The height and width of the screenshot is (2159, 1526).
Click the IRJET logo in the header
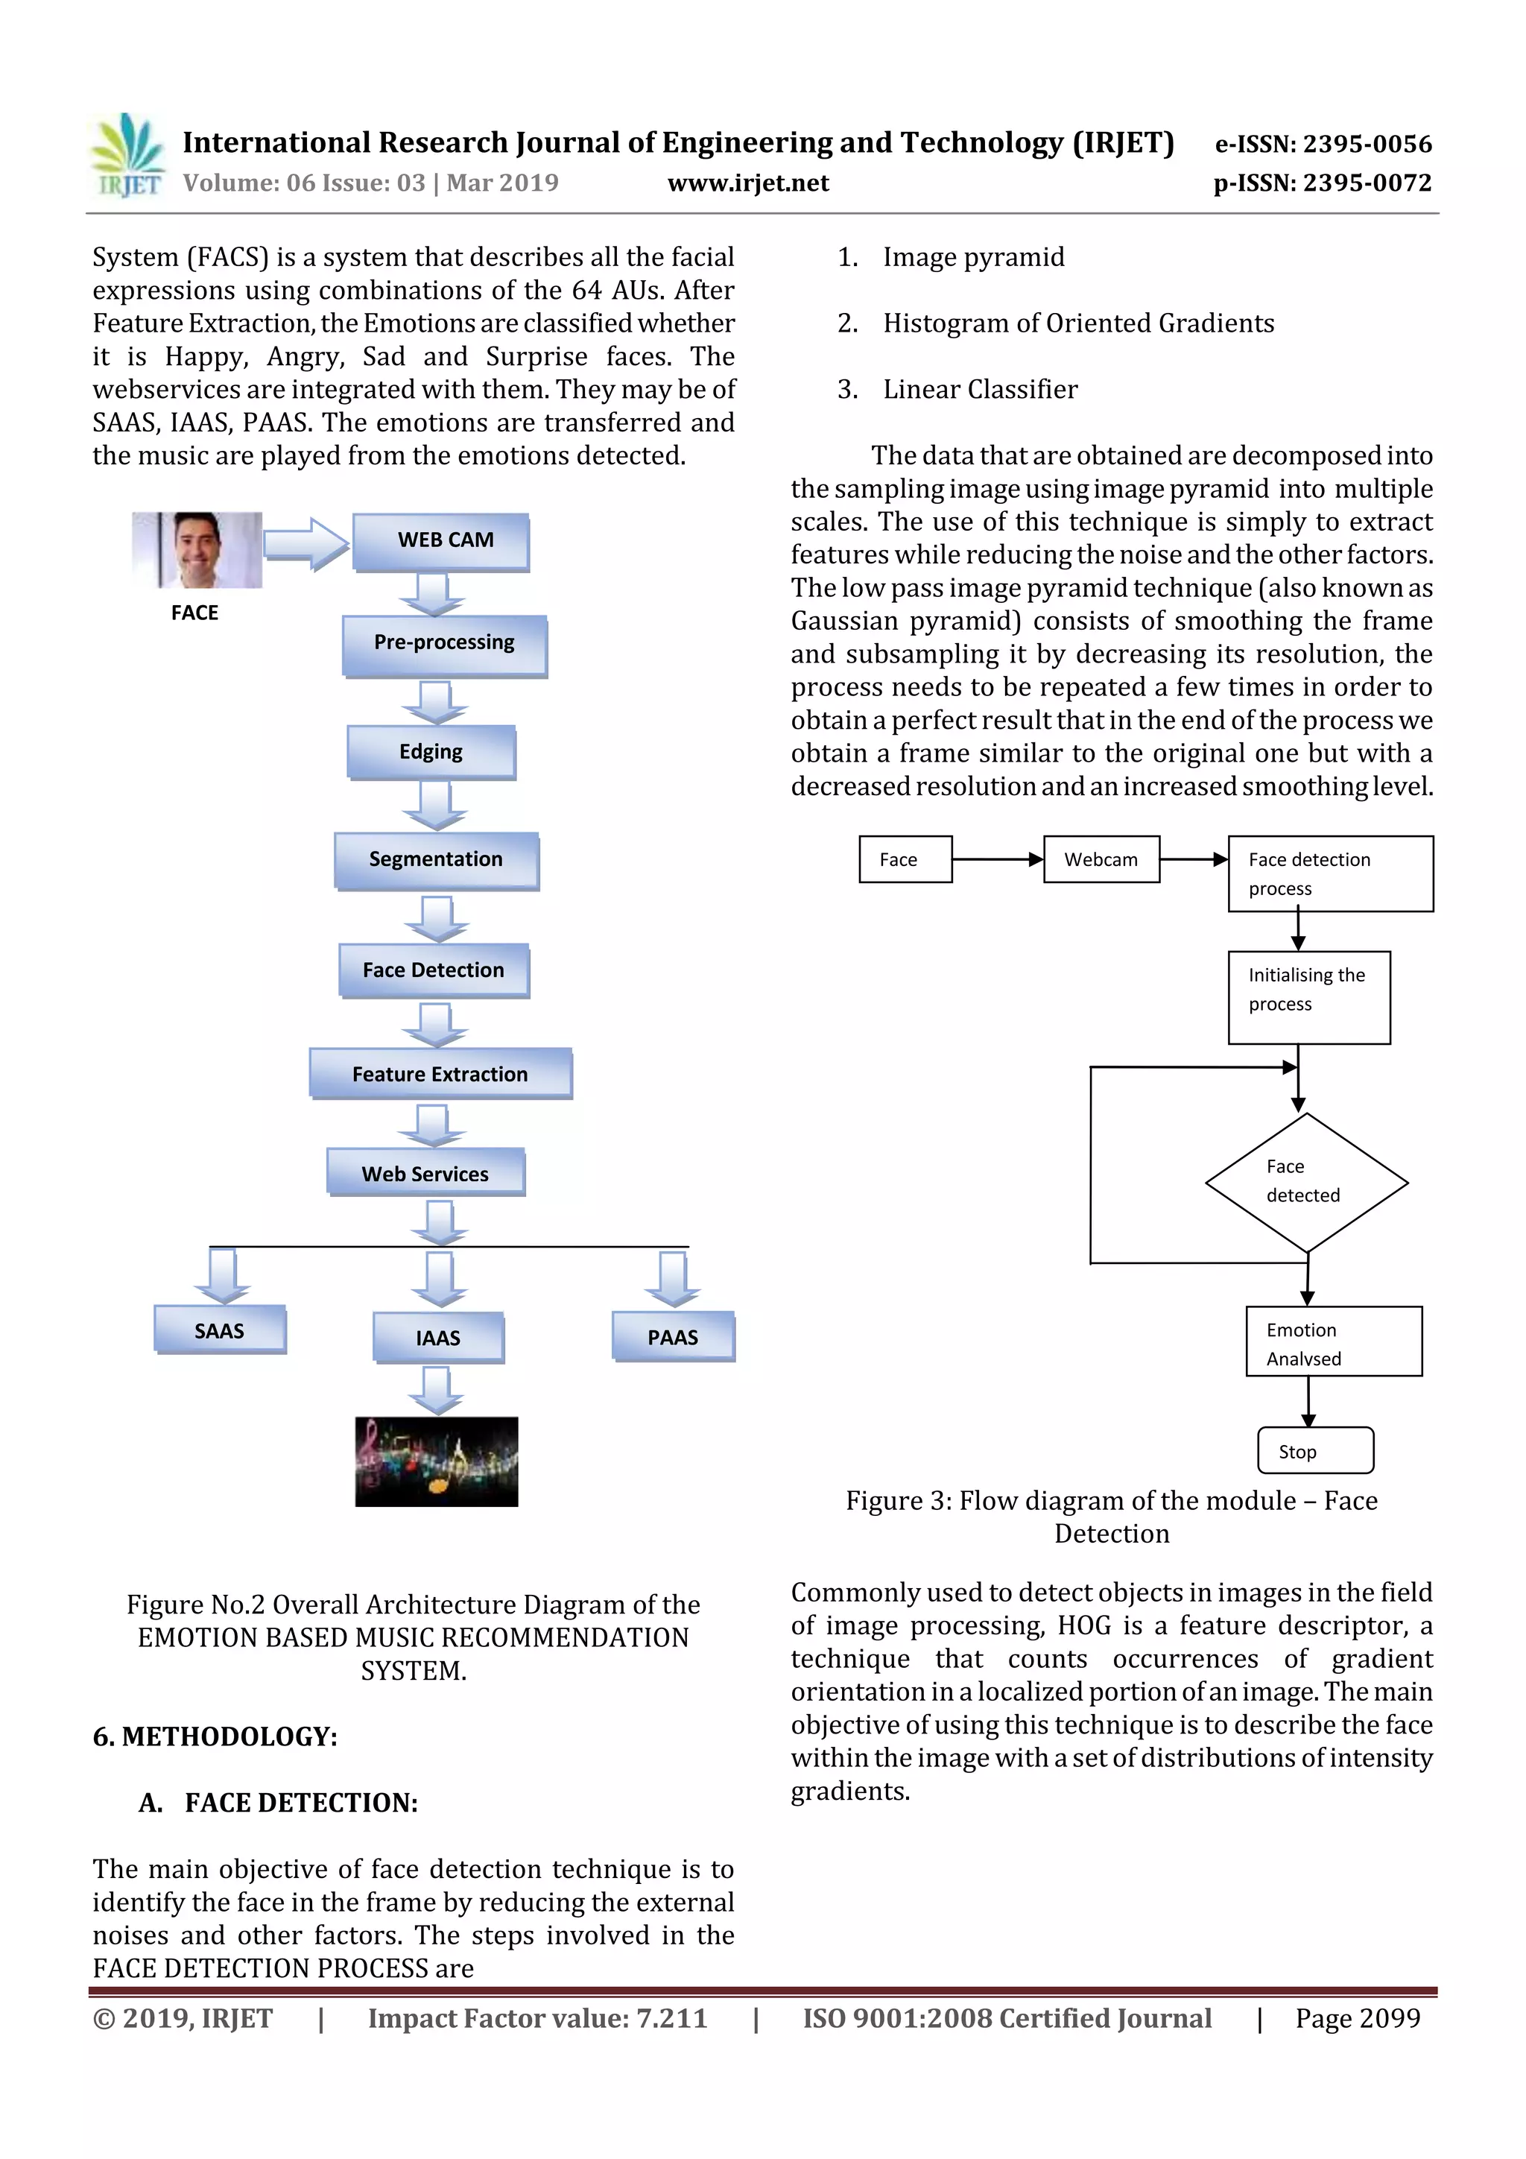pos(127,156)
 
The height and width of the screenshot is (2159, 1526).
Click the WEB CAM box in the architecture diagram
pos(441,542)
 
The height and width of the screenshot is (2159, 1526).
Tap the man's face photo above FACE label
pos(197,550)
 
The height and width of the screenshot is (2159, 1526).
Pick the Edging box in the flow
pos(431,751)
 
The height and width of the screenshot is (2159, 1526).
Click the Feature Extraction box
pos(440,1073)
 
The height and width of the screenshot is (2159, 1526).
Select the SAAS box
pos(219,1330)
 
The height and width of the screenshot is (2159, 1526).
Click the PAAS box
pos(672,1336)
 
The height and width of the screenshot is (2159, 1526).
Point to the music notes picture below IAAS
pos(437,1461)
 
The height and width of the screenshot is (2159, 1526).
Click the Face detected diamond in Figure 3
pos(1306,1182)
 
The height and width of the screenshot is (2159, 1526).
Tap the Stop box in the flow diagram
pos(1314,1451)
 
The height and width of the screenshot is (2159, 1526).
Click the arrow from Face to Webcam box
pos(997,859)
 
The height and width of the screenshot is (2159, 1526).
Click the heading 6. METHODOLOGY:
pos(215,1736)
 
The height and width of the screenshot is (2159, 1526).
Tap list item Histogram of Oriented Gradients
pos(1077,323)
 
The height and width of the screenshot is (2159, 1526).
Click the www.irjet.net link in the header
pos(747,183)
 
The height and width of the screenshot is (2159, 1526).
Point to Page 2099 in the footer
pos(1357,2018)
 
